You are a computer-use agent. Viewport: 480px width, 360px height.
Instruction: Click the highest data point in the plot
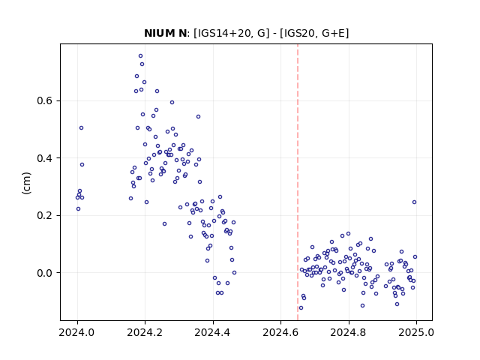coord(140,56)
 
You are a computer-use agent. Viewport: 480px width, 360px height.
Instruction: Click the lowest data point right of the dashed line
coord(301,308)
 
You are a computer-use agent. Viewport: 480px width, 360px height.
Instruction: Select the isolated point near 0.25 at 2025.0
coord(414,202)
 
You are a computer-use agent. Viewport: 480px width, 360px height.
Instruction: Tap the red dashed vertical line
coord(298,182)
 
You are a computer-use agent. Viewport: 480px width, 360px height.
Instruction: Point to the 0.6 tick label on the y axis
coord(45,101)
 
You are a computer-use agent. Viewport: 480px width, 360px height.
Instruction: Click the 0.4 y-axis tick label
coord(45,158)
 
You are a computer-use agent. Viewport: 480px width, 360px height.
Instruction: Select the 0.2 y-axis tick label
coord(45,215)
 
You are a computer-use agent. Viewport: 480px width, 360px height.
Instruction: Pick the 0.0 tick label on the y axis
coord(45,273)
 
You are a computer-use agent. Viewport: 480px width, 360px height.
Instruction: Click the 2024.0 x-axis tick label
coord(77,332)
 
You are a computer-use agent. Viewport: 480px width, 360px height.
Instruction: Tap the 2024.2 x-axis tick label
coord(145,332)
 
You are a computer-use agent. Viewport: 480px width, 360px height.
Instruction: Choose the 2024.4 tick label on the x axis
coord(213,332)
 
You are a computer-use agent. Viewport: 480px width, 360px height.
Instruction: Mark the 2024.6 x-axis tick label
coord(280,332)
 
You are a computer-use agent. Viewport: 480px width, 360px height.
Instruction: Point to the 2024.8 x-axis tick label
coord(348,332)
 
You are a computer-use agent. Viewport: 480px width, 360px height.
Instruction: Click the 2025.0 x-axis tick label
coord(416,332)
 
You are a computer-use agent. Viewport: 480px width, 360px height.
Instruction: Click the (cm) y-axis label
coord(27,183)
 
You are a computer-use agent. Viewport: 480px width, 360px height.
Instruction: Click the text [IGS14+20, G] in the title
coord(232,33)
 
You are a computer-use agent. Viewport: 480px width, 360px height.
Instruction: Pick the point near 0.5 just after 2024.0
coord(81,128)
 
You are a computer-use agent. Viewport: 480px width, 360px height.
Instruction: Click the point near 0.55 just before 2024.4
coord(198,117)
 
